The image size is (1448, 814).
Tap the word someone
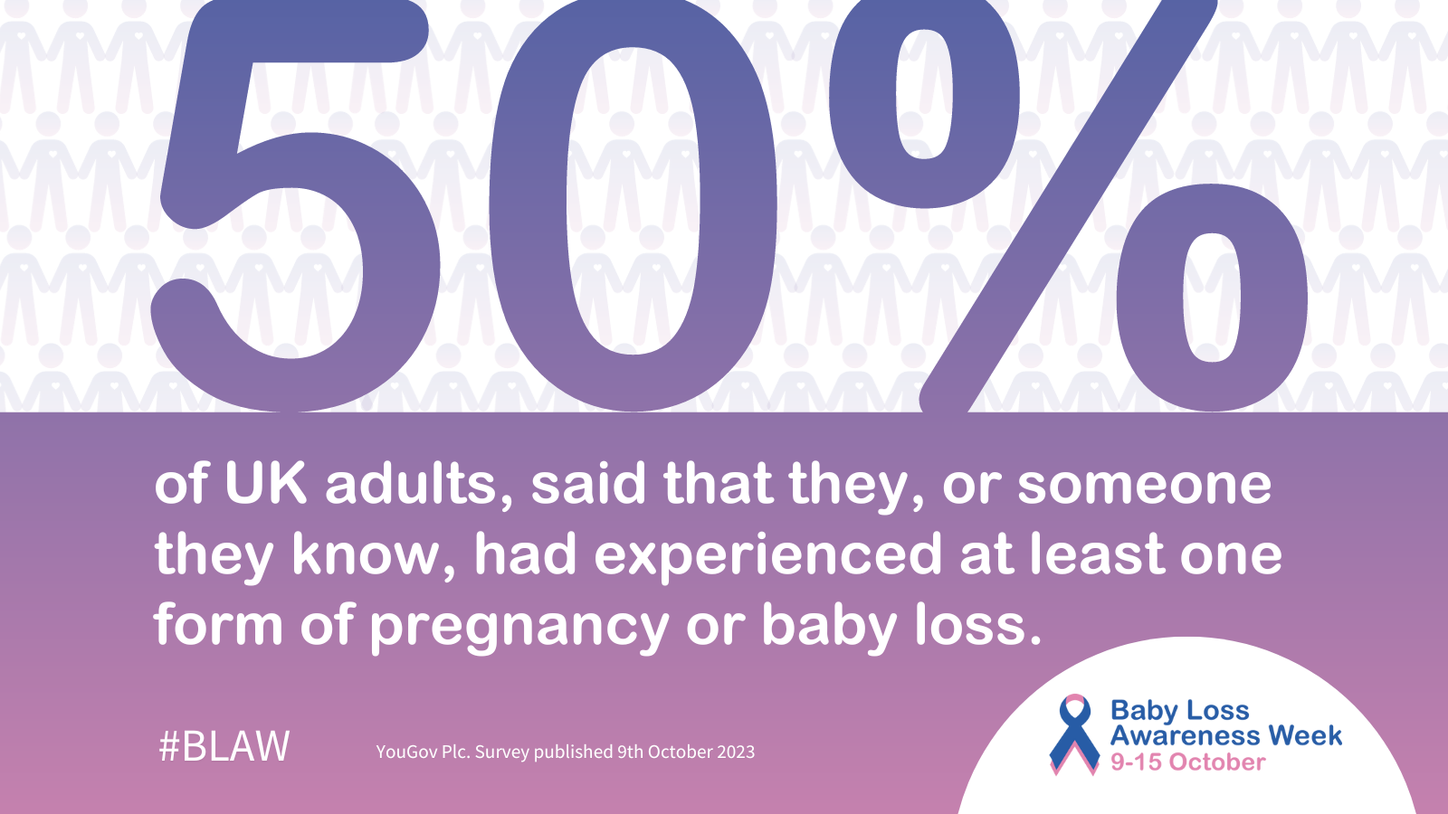tap(1144, 486)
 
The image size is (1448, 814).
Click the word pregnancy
tap(519, 628)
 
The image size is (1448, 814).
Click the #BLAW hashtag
tap(224, 747)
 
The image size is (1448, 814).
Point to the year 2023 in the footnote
tap(735, 752)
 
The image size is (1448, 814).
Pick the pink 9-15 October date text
tap(1187, 762)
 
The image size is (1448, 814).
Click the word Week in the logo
tap(1305, 736)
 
